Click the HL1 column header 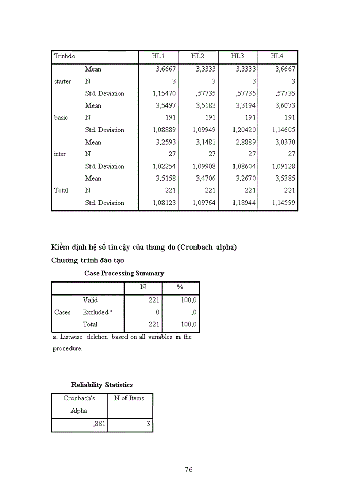coord(158,56)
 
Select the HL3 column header coord(238,56)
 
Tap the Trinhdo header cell coord(64,56)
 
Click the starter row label coord(63,81)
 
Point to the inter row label coord(60,154)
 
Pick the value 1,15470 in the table coord(164,94)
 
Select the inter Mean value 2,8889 coord(245,142)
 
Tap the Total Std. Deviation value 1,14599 coord(283,203)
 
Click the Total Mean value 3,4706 coord(205,179)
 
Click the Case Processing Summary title coord(124,273)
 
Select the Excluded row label coord(96,312)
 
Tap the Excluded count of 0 coord(157,312)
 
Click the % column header coord(180,287)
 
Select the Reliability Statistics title coord(102,385)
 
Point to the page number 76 coord(188,469)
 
